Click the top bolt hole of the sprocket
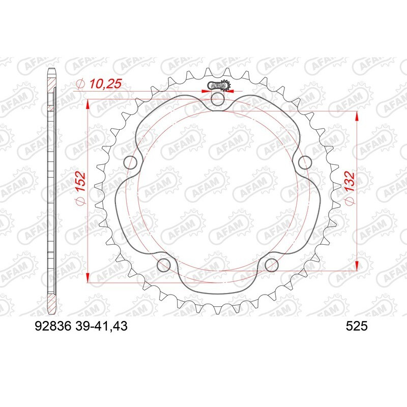217,100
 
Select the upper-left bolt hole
131,163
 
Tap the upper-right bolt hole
304,163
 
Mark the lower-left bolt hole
164,265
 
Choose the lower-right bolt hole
271,265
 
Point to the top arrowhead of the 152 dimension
89,104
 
